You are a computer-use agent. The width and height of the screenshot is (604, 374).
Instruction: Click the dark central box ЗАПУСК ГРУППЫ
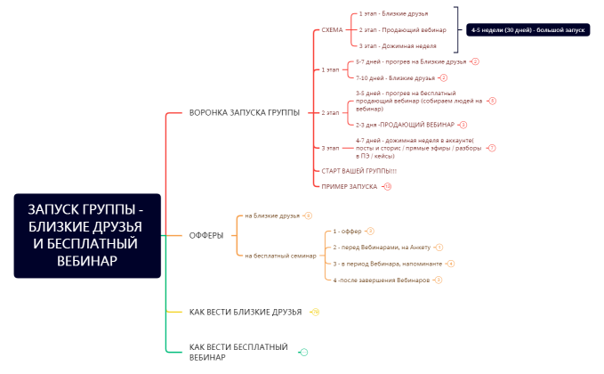[x=87, y=235]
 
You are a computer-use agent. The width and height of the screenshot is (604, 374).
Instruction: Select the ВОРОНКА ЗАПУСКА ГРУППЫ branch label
[x=244, y=112]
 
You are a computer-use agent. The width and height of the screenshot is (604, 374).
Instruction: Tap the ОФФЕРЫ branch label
[x=206, y=235]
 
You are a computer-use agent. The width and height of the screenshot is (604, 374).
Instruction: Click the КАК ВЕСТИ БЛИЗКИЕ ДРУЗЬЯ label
[x=246, y=312]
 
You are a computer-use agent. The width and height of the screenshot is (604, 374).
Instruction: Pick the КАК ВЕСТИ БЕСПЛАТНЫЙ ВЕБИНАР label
[x=238, y=351]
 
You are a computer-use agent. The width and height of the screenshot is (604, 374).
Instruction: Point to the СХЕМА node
[x=332, y=29]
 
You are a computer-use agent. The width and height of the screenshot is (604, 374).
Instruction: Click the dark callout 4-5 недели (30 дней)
[x=528, y=29]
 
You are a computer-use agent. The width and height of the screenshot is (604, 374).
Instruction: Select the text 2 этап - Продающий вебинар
[x=397, y=29]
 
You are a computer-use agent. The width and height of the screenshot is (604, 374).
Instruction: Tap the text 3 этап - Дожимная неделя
[x=397, y=45]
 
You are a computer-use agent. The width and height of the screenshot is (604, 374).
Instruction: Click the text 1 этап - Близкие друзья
[x=393, y=14]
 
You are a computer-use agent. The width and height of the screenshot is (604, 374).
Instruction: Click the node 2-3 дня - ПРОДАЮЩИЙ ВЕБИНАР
[x=405, y=125]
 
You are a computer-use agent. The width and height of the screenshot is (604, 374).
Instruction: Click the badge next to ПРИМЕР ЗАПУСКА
[x=388, y=186]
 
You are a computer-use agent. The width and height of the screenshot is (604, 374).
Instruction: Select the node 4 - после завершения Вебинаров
[x=381, y=280]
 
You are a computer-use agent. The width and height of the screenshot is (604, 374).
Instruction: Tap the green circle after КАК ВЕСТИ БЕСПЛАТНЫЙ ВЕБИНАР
[x=304, y=353]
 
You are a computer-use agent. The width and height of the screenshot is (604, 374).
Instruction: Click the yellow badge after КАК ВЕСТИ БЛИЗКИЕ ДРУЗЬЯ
[x=316, y=312]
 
